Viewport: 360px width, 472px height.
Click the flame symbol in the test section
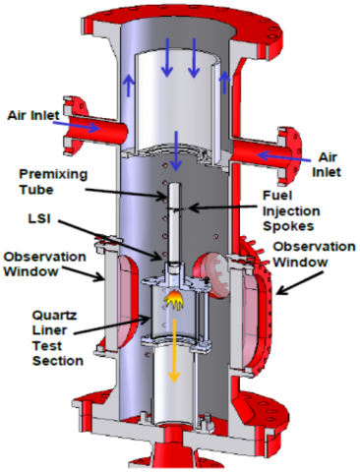click(174, 300)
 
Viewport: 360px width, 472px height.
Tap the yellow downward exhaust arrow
click(174, 350)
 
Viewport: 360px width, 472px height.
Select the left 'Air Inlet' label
click(33, 115)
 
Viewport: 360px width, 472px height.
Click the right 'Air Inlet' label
click(327, 165)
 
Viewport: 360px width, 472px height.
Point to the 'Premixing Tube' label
click(53, 182)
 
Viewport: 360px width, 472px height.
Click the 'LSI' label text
click(39, 218)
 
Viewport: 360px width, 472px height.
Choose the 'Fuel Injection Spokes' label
click(291, 210)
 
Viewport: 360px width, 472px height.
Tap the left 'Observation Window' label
click(44, 265)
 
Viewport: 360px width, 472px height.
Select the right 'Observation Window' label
click(314, 255)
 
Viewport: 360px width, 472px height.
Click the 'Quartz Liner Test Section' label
click(58, 338)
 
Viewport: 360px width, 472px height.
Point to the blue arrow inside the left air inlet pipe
click(77, 126)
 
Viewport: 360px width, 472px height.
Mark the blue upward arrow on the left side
click(129, 86)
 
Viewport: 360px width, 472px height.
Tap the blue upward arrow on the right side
click(224, 82)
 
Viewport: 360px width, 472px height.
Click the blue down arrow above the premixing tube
click(176, 150)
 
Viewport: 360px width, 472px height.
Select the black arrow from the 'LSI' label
click(111, 240)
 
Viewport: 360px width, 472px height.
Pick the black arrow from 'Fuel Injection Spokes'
click(222, 207)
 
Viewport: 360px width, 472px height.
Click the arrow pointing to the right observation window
click(301, 282)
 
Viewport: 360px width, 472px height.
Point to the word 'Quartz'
click(54, 316)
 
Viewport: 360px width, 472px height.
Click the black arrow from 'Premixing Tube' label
click(126, 193)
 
